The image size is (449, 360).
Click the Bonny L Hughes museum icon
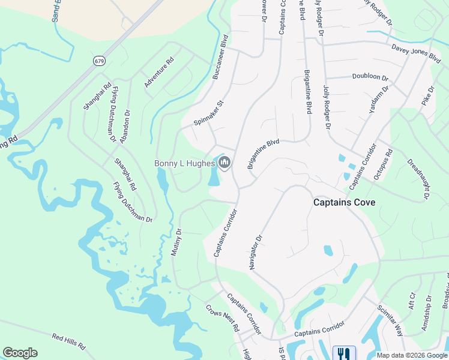tap(224, 163)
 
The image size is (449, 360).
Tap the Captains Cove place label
tap(345, 203)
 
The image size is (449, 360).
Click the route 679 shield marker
tap(100, 61)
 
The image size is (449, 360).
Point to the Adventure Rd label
tap(158, 73)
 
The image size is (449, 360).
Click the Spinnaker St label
tap(208, 113)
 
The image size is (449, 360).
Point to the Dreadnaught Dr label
tap(418, 179)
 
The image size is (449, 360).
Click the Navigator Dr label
tap(256, 253)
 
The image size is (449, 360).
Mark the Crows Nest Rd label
tap(222, 319)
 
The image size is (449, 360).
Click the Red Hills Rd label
tap(69, 342)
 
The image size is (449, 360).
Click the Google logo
tap(20, 353)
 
